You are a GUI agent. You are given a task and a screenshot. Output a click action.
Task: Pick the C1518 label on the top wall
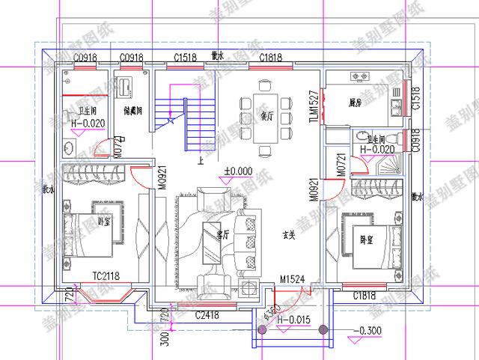[x=186, y=57]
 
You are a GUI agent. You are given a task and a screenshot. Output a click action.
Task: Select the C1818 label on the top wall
[x=269, y=57]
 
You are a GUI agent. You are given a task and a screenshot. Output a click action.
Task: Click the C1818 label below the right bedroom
[x=365, y=296]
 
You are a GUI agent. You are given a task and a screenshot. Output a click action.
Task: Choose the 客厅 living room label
[x=222, y=234]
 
